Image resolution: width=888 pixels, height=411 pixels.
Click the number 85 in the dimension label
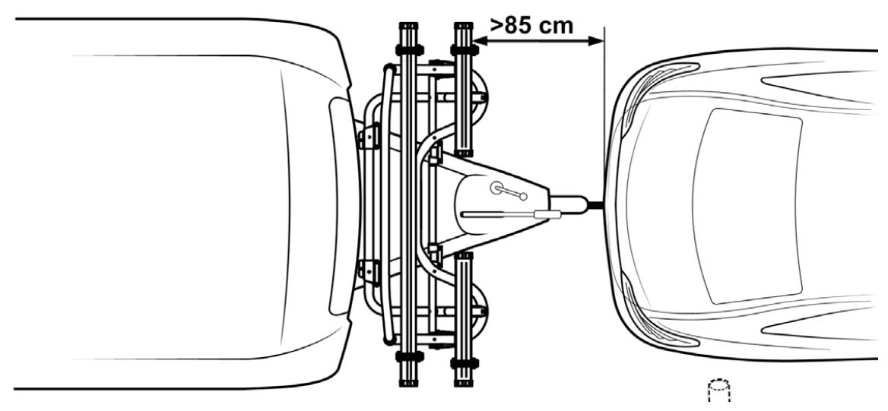pos(517,25)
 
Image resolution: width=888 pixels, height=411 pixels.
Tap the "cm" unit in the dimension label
pos(554,26)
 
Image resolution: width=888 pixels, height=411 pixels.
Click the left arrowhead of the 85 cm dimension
pos(479,40)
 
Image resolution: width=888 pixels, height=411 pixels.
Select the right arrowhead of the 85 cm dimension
pos(598,40)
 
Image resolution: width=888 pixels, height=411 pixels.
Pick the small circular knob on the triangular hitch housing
pos(496,188)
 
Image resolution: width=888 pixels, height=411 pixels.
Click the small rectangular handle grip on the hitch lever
pos(547,214)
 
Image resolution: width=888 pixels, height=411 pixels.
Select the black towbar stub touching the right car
pos(596,205)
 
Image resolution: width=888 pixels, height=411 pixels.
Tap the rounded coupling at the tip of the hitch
pos(569,204)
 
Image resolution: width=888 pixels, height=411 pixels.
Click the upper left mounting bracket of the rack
pos(369,137)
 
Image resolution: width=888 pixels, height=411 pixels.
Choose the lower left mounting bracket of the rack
pos(369,272)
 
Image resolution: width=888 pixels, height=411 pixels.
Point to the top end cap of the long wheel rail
pos(408,26)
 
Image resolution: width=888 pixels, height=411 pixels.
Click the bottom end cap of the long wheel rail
pos(408,383)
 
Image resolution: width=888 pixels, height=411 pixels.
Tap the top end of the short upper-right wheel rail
pos(463,26)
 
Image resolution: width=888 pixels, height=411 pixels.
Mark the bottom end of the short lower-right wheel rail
pos(463,383)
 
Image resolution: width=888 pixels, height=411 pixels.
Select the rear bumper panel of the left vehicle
pos(343,205)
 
